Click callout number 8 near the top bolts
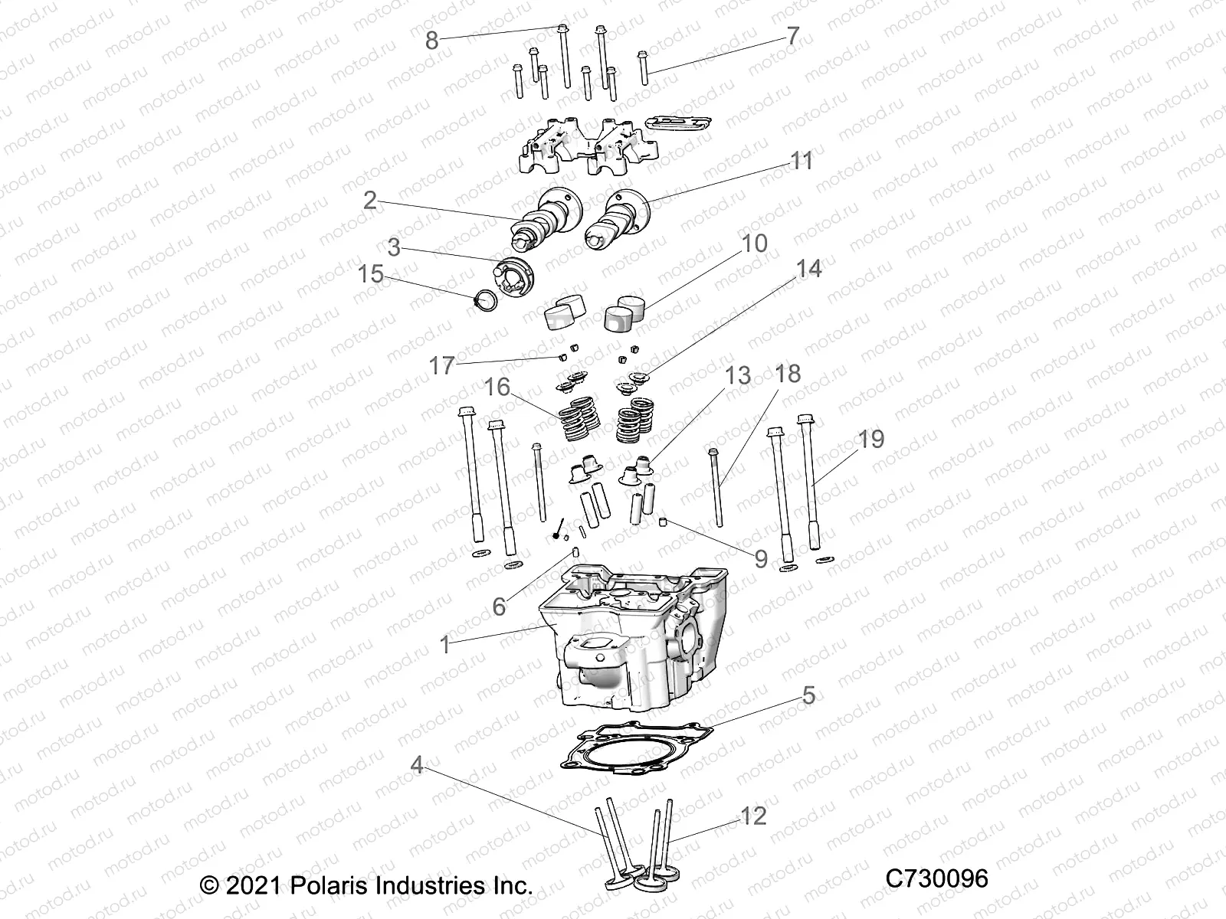pos(432,40)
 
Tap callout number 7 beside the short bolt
pos(792,36)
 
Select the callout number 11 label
pos(801,162)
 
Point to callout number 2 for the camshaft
pos(371,201)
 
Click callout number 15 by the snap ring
pos(371,274)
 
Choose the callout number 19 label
pos(871,440)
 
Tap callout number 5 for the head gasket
pos(808,696)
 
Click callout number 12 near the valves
pos(754,816)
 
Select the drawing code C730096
pos(936,878)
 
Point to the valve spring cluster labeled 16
pos(579,422)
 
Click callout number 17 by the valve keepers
pos(441,366)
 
